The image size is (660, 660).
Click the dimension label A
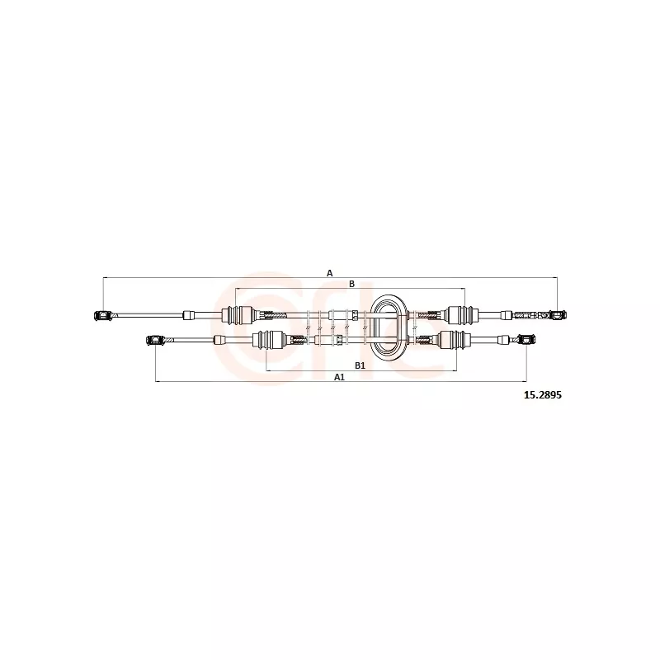coord(329,273)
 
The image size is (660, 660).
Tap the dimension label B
coord(352,284)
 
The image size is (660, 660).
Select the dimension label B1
coord(360,365)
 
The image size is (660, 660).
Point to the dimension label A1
coord(339,377)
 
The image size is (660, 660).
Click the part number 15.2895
coord(542,395)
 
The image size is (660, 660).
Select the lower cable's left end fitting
coord(156,340)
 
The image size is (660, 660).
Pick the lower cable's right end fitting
coord(526,339)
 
